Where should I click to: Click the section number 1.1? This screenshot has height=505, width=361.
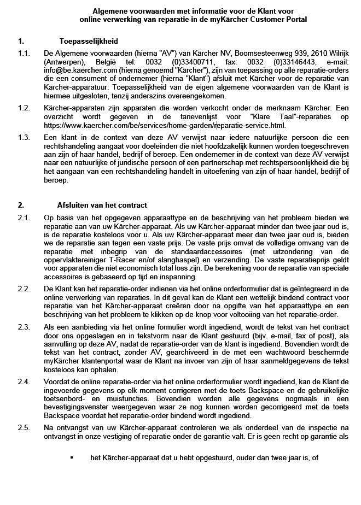pos(23,54)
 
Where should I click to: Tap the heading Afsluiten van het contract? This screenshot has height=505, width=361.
pos(103,205)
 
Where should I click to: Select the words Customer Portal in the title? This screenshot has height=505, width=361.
pos(277,19)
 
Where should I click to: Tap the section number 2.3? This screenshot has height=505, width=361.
pos(23,327)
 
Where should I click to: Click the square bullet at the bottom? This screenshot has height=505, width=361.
pos(71,458)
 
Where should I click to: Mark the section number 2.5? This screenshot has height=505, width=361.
pos(23,427)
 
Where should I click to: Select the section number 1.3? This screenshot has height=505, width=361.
pos(23,137)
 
